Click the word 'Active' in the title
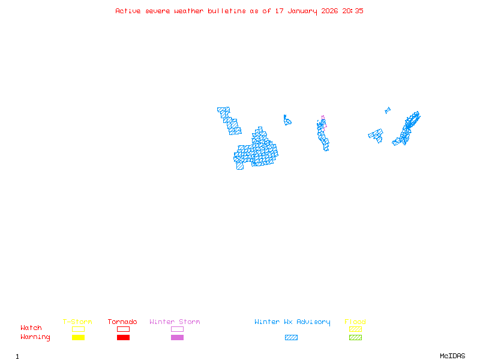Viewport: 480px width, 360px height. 128,11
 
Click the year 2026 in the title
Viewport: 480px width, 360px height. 329,11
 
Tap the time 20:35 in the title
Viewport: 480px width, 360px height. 353,11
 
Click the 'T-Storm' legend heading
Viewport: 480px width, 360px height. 77,322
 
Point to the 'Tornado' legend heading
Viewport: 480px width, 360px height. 122,322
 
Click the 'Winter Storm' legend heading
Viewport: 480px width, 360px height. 175,322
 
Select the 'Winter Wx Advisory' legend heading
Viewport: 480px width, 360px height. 292,322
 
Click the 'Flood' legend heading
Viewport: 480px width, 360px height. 355,322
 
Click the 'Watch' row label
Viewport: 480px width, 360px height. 31,328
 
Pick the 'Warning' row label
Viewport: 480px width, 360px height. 35,337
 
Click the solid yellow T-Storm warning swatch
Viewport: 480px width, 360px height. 78,338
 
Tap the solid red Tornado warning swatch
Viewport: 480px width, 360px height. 123,338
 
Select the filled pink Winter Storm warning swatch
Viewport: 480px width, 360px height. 177,338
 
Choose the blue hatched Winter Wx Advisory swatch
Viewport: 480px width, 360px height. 291,338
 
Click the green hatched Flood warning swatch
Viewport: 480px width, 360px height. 355,338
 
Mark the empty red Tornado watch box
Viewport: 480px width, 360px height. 123,329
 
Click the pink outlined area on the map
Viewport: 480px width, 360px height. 323,119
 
